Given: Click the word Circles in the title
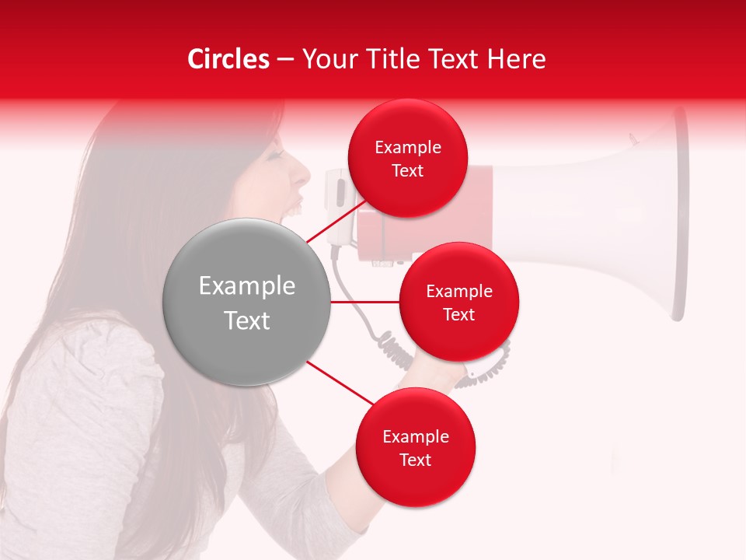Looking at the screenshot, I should point(228,59).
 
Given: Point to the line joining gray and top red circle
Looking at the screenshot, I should point(336,224).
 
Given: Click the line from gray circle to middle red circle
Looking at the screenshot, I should point(365,302).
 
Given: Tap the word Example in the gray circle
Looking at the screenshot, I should point(247,286).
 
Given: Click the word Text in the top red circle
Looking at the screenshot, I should point(407,171).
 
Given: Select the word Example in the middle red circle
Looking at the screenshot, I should point(458,292).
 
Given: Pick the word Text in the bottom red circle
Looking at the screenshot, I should point(415,460).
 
